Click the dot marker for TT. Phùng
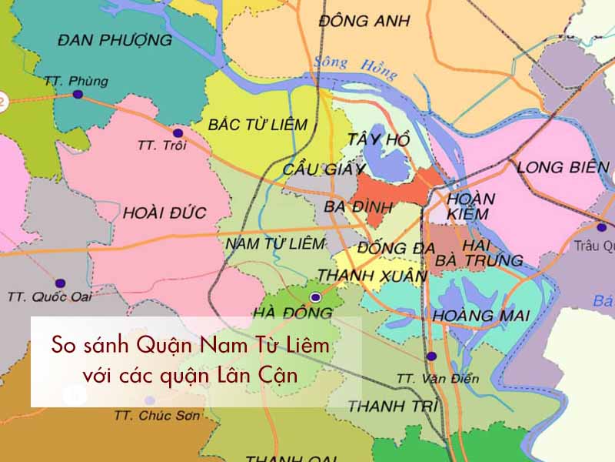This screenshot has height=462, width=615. pyautogui.click(x=77, y=95)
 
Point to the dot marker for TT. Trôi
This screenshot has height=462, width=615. pyautogui.click(x=178, y=132)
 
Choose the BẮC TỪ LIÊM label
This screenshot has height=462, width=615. pyautogui.click(x=258, y=124)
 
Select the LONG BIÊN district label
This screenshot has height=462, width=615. pyautogui.click(x=563, y=166)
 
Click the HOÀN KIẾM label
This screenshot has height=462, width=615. pyautogui.click(x=470, y=205)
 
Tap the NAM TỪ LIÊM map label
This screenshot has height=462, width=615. pyautogui.click(x=275, y=243)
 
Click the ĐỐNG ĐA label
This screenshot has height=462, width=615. pyautogui.click(x=397, y=248)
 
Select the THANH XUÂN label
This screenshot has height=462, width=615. pyautogui.click(x=372, y=275)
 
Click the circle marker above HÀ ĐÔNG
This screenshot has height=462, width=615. pyautogui.click(x=314, y=296)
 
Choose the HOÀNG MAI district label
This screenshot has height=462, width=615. pyautogui.click(x=481, y=316)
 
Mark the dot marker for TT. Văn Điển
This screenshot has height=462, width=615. pyautogui.click(x=431, y=357)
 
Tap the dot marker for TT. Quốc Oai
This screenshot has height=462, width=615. pyautogui.click(x=61, y=283)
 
